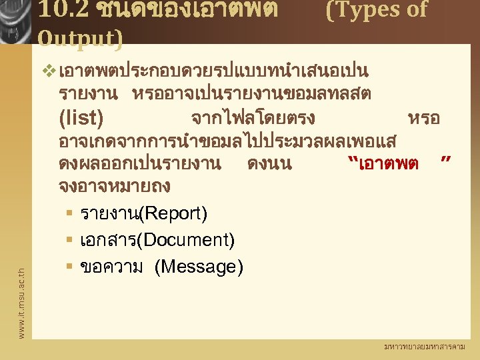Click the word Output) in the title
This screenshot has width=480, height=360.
pos(81,39)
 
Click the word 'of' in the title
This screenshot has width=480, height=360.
pos(413,9)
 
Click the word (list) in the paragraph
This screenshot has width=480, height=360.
pos(81,119)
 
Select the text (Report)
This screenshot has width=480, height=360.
pos(173,213)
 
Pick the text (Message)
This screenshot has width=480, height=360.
pos(199,267)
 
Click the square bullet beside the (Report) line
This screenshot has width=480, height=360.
pos(69,213)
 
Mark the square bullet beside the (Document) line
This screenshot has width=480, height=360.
pos(69,240)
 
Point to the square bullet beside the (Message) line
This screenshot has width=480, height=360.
pos(69,267)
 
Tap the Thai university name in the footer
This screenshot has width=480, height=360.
pos(425,347)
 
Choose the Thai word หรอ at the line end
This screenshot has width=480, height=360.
pos(423,119)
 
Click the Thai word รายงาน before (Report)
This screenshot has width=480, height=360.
pos(107,213)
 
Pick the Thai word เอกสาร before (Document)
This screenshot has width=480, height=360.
pos(107,240)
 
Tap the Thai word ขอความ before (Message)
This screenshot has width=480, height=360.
pos(111,267)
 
